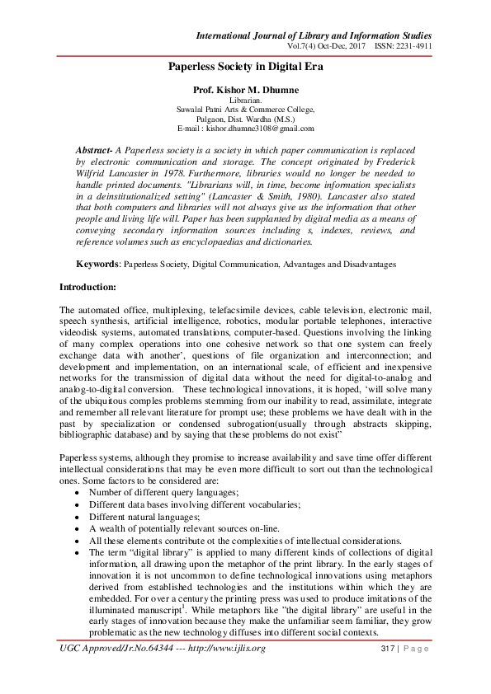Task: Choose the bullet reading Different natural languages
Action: (x=141, y=516)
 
